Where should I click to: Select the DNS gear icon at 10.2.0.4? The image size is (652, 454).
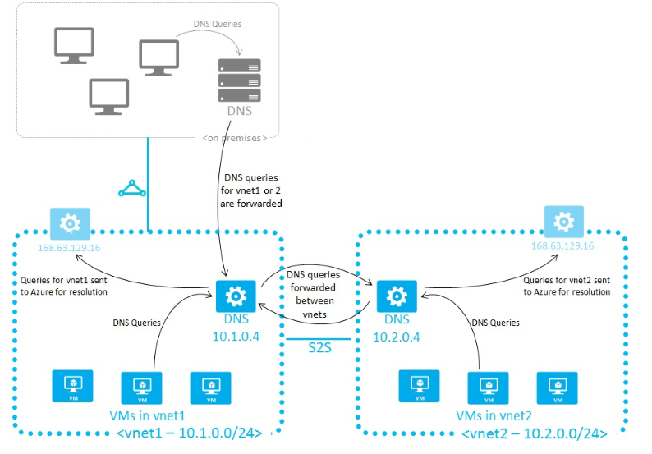pos(396,295)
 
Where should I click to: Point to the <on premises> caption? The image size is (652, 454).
pos(234,137)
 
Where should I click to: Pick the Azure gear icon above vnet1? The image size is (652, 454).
pos(71,222)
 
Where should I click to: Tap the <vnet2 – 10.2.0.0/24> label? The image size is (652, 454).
pos(534,433)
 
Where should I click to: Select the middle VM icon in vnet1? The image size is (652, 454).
pos(140,384)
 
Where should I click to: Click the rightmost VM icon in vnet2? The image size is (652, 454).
pos(557,384)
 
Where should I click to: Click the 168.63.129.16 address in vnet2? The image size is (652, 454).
pos(562,246)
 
